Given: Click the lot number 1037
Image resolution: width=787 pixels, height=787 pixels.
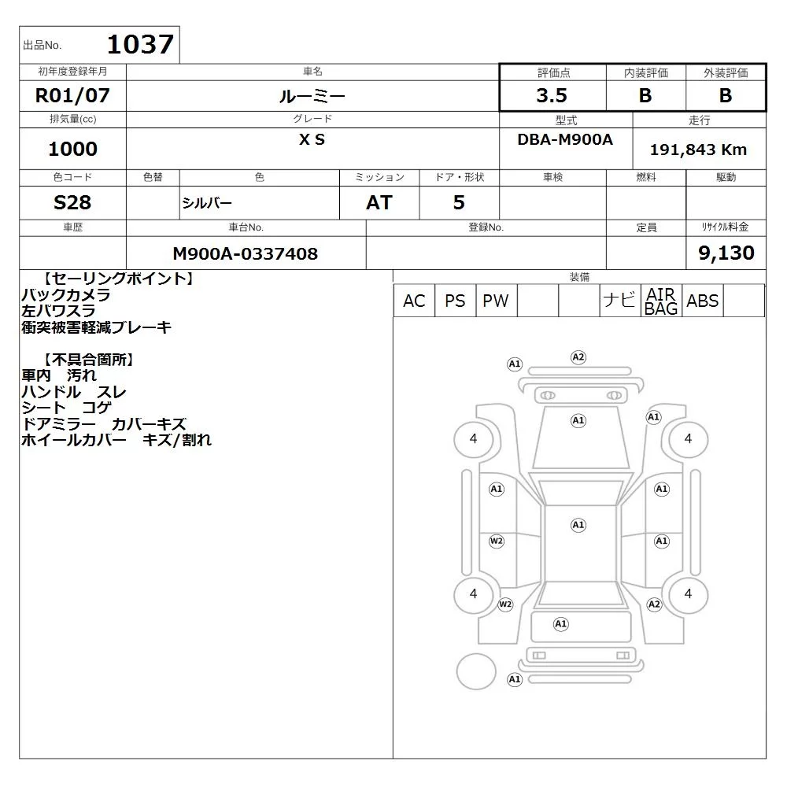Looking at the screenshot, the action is point(140,44).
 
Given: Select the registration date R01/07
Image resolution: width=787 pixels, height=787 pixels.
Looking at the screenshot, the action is point(72,95).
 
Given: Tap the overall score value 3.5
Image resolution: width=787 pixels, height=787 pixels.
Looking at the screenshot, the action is point(552,95).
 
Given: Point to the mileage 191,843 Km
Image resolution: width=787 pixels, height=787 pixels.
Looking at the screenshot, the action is point(698,150).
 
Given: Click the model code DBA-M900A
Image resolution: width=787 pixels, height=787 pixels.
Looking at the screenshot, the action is point(565,139).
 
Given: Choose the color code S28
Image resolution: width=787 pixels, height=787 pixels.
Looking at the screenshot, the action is point(72,202).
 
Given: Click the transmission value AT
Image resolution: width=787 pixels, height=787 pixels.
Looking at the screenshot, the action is point(379,202).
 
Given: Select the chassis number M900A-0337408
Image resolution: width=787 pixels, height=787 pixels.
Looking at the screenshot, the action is point(245,253).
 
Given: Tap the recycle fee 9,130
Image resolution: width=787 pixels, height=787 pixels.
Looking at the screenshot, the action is point(726,253).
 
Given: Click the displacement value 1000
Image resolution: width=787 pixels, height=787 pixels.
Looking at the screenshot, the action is point(72,149).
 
